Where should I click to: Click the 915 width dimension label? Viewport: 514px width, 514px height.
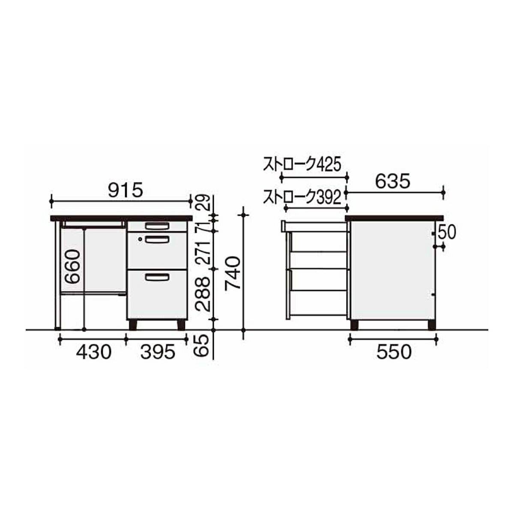click(126, 190)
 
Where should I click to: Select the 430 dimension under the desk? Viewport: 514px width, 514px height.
click(93, 352)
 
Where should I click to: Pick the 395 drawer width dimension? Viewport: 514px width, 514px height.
click(158, 352)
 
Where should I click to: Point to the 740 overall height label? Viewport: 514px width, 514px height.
click(233, 272)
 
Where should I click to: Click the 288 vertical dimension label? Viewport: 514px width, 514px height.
click(202, 294)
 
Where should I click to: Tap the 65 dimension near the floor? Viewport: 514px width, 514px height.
click(202, 346)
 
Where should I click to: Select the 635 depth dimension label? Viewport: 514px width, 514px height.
click(392, 182)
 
